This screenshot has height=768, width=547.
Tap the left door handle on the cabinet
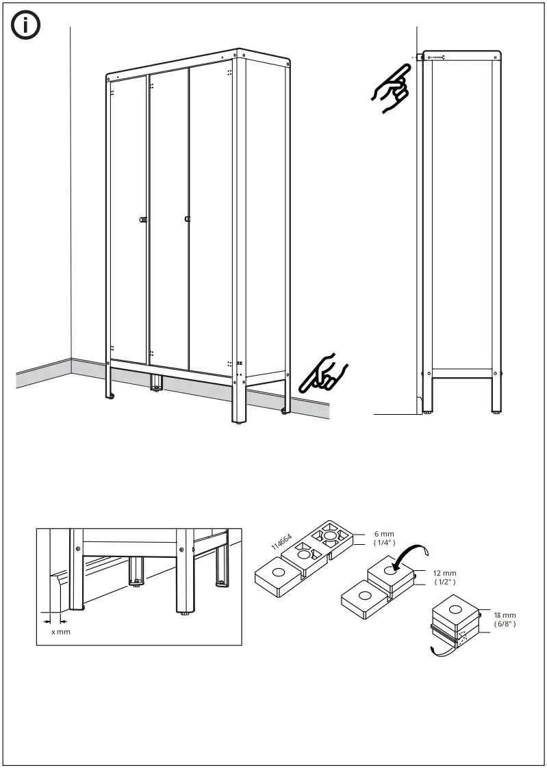pos(143,219)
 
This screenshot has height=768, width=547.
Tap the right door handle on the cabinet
pos(187,219)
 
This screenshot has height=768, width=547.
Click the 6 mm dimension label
pos(380,534)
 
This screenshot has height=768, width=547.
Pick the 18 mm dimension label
pos(505,615)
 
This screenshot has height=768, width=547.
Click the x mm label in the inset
pos(61,631)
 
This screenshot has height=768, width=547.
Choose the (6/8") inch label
pos(505,624)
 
